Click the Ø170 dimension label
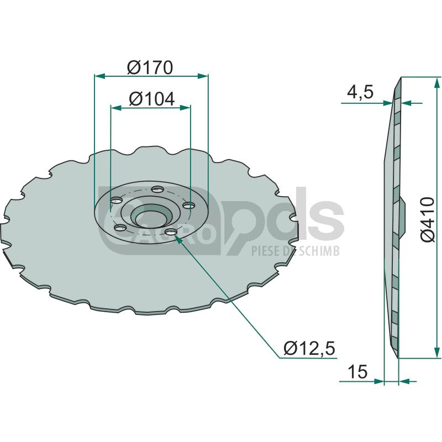point(150,67)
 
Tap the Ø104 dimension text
point(151,99)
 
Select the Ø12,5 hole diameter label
point(309,349)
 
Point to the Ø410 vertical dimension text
point(428,219)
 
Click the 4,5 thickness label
point(360,92)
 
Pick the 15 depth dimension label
point(357,371)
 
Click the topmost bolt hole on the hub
point(157,188)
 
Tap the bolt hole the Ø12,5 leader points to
point(171,232)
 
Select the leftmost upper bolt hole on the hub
point(117,201)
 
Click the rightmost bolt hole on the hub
point(188,206)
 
